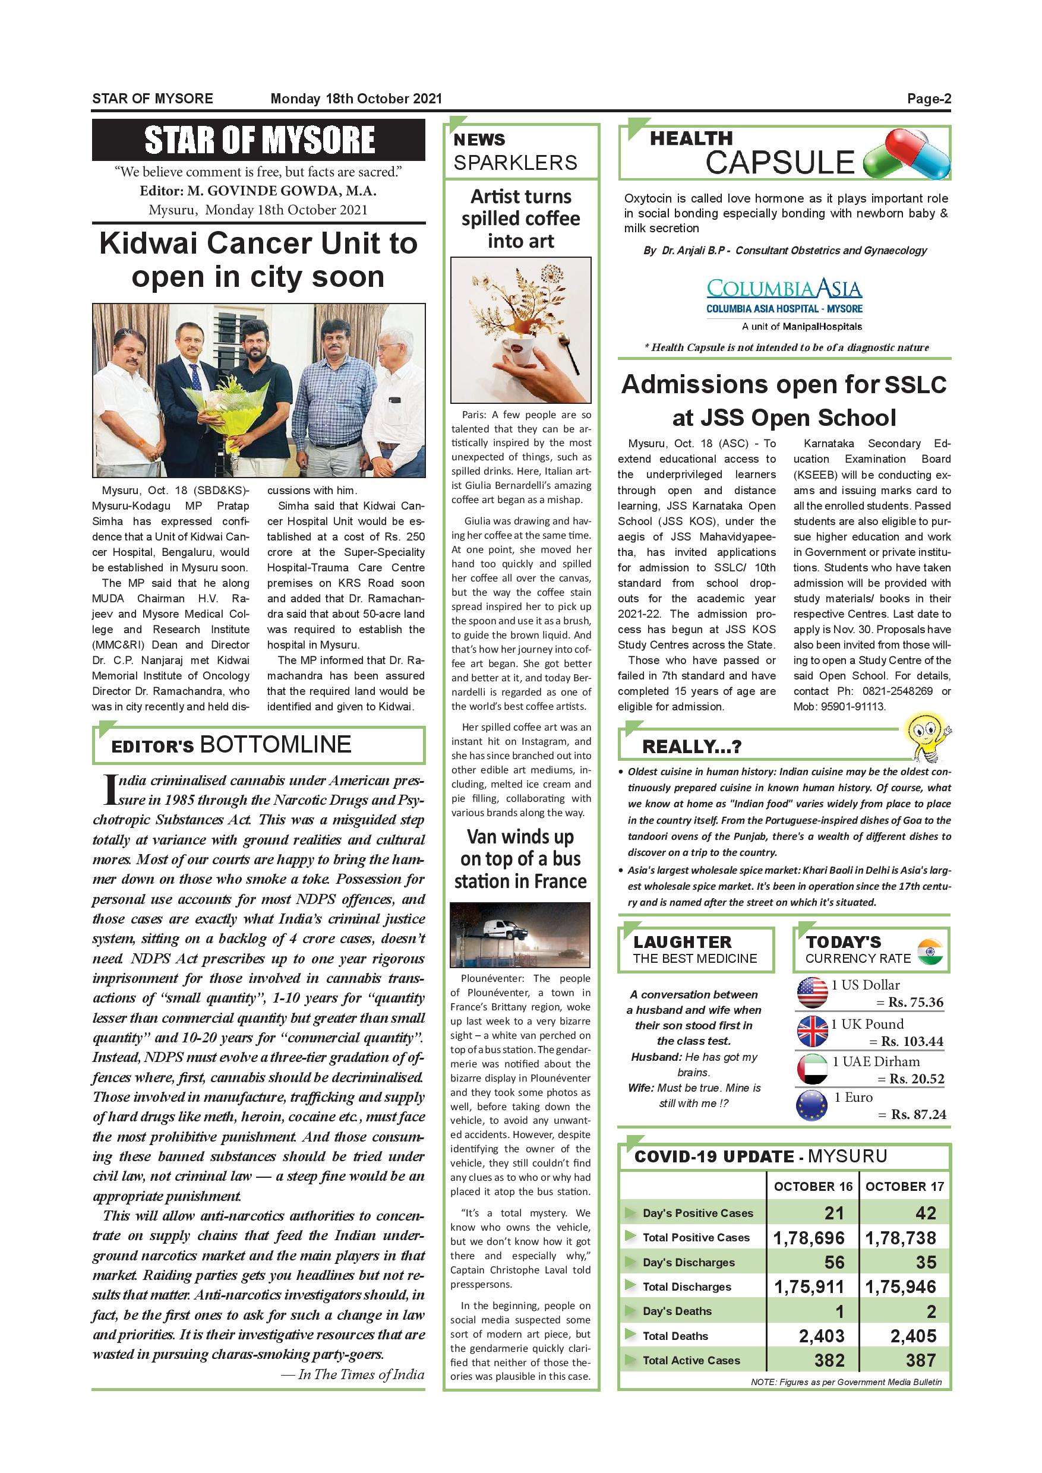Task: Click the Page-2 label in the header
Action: pyautogui.click(x=929, y=99)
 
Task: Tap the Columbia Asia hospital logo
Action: pyautogui.click(x=784, y=296)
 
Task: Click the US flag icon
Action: pyautogui.click(x=812, y=992)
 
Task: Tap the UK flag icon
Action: pyautogui.click(x=812, y=1031)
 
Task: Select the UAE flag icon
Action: pyautogui.click(x=812, y=1070)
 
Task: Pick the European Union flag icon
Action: pyautogui.click(x=812, y=1106)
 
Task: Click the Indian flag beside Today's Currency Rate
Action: pyautogui.click(x=930, y=951)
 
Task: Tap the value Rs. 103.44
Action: pyautogui.click(x=912, y=1041)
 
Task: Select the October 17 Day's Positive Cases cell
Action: pyautogui.click(x=905, y=1212)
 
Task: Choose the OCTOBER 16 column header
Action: pyautogui.click(x=813, y=1186)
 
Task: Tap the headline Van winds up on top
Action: pyautogui.click(x=520, y=859)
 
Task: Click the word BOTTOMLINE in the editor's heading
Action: pyautogui.click(x=276, y=744)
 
